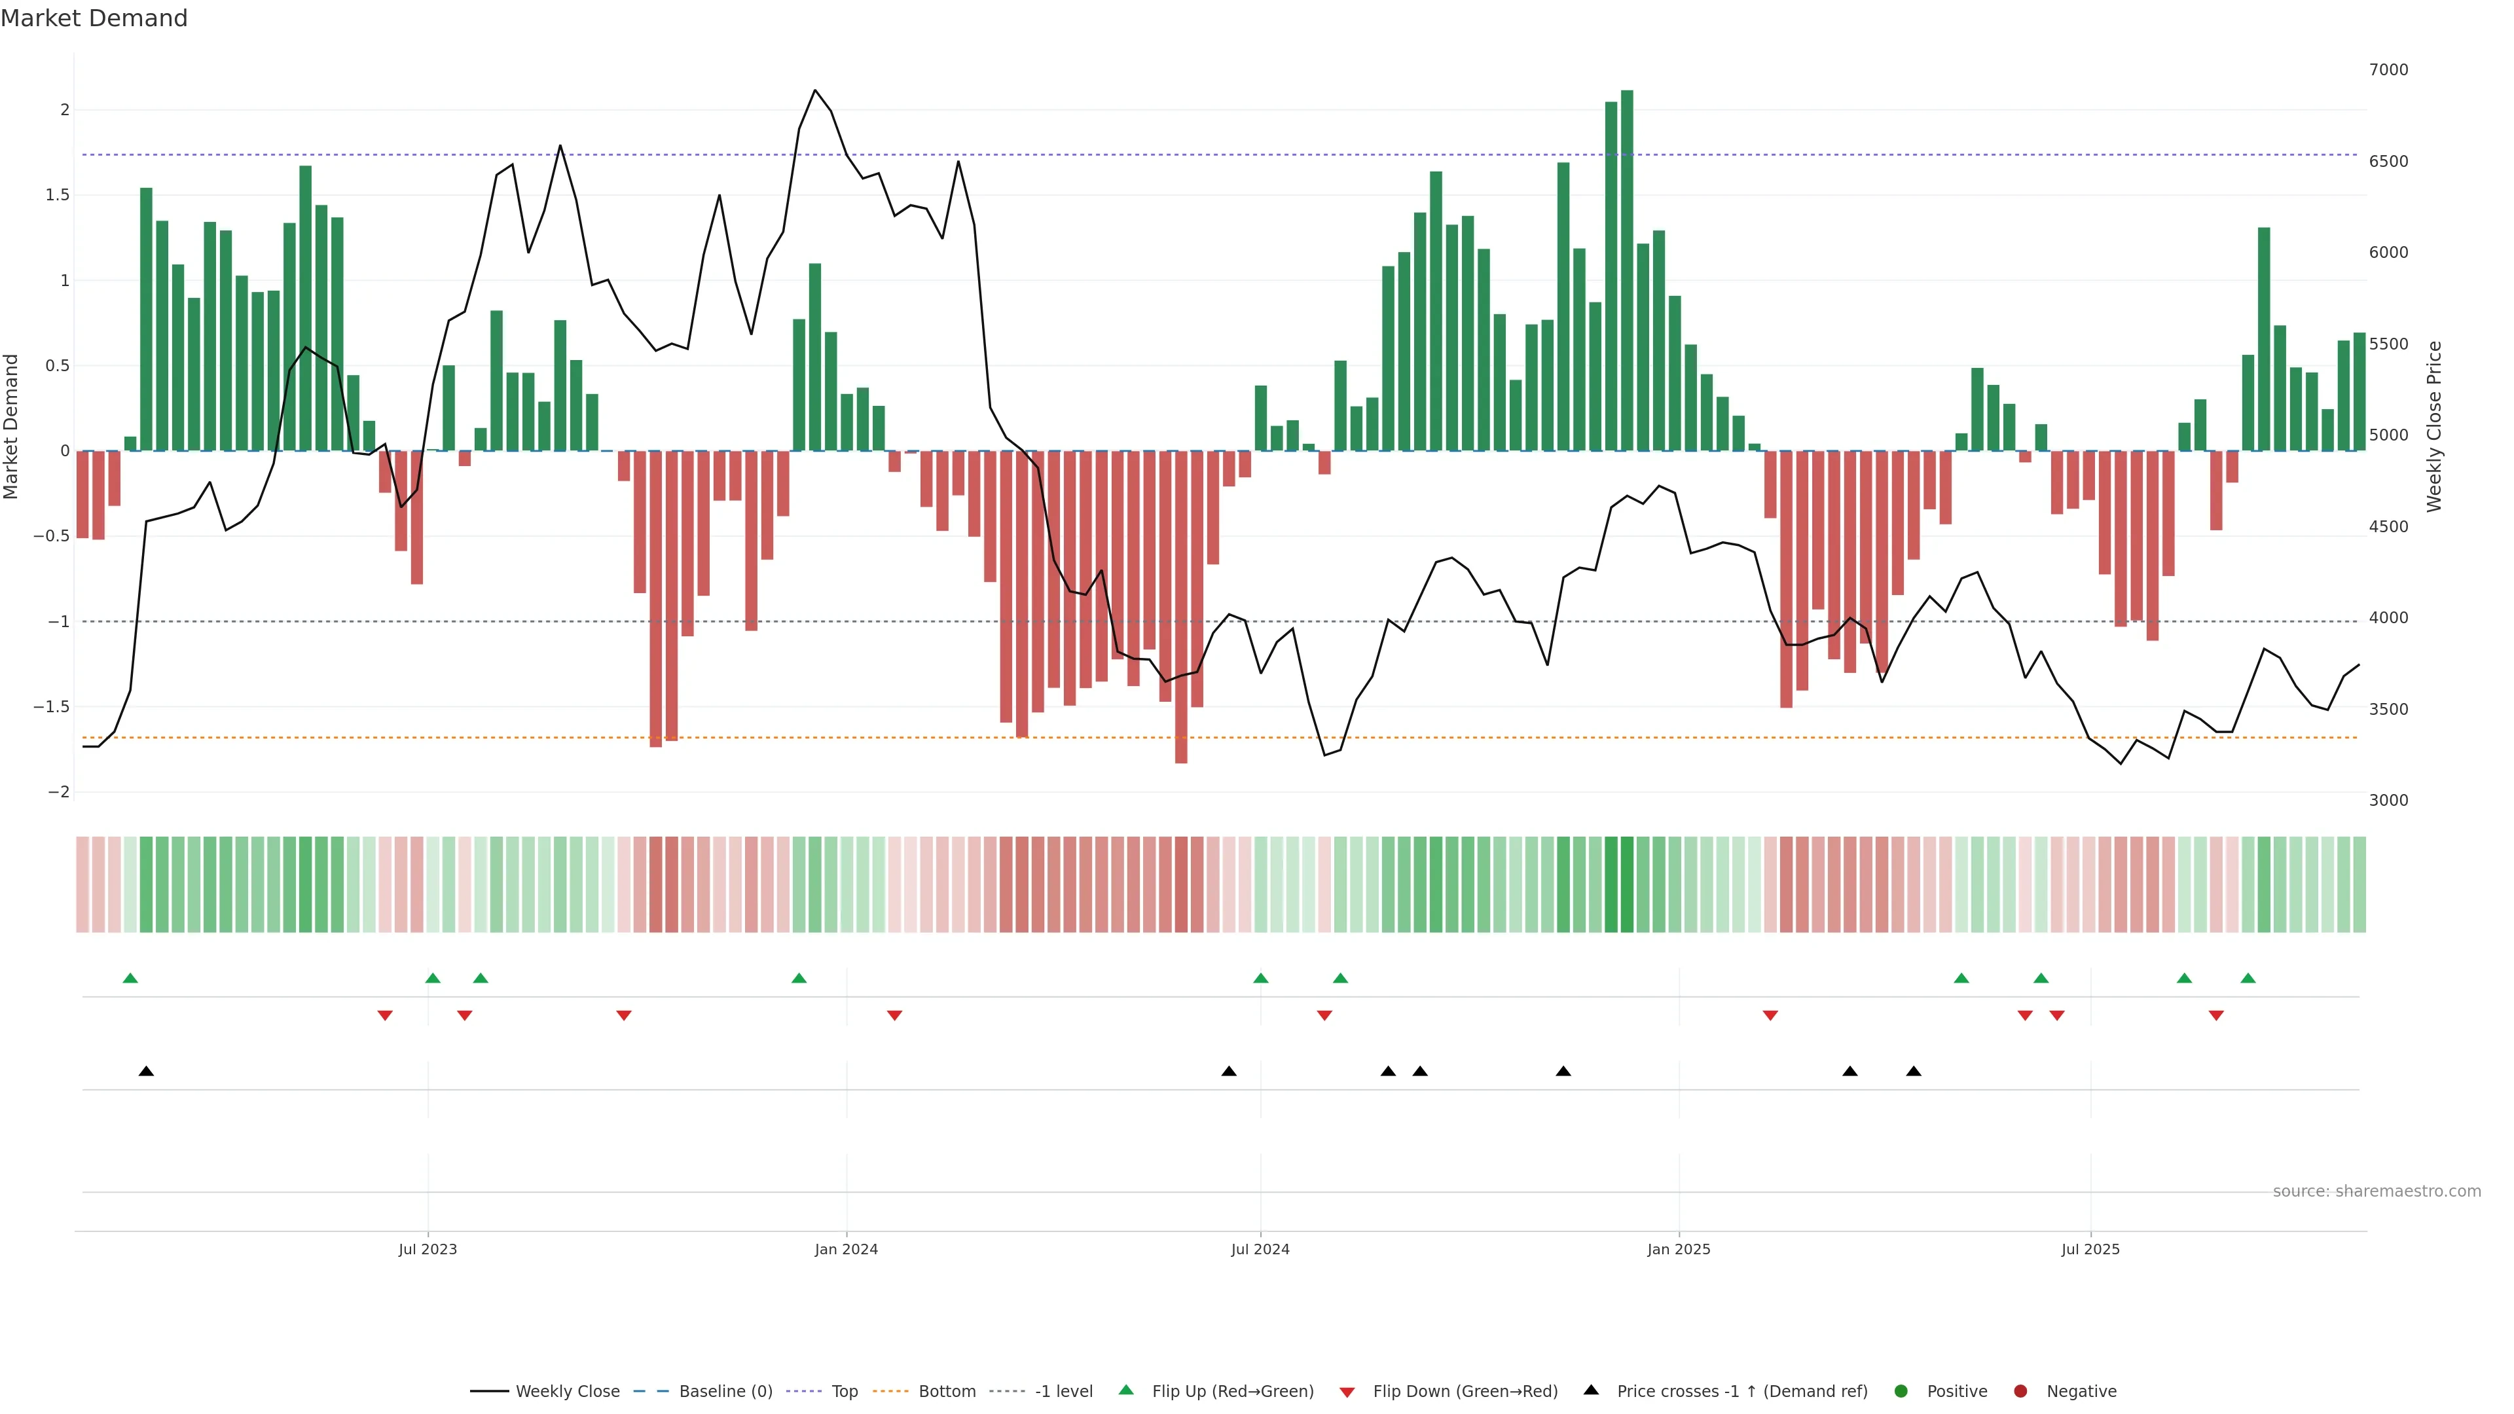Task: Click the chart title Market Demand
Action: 94,18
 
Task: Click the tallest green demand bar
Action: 1627,270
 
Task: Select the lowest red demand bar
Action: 1181,606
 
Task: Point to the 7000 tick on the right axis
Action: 2388,70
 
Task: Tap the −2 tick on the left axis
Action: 58,792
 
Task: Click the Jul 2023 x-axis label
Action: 428,1249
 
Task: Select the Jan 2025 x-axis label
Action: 1679,1249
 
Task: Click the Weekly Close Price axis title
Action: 2434,426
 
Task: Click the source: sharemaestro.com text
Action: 2377,1191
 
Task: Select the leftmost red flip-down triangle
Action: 384,1016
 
